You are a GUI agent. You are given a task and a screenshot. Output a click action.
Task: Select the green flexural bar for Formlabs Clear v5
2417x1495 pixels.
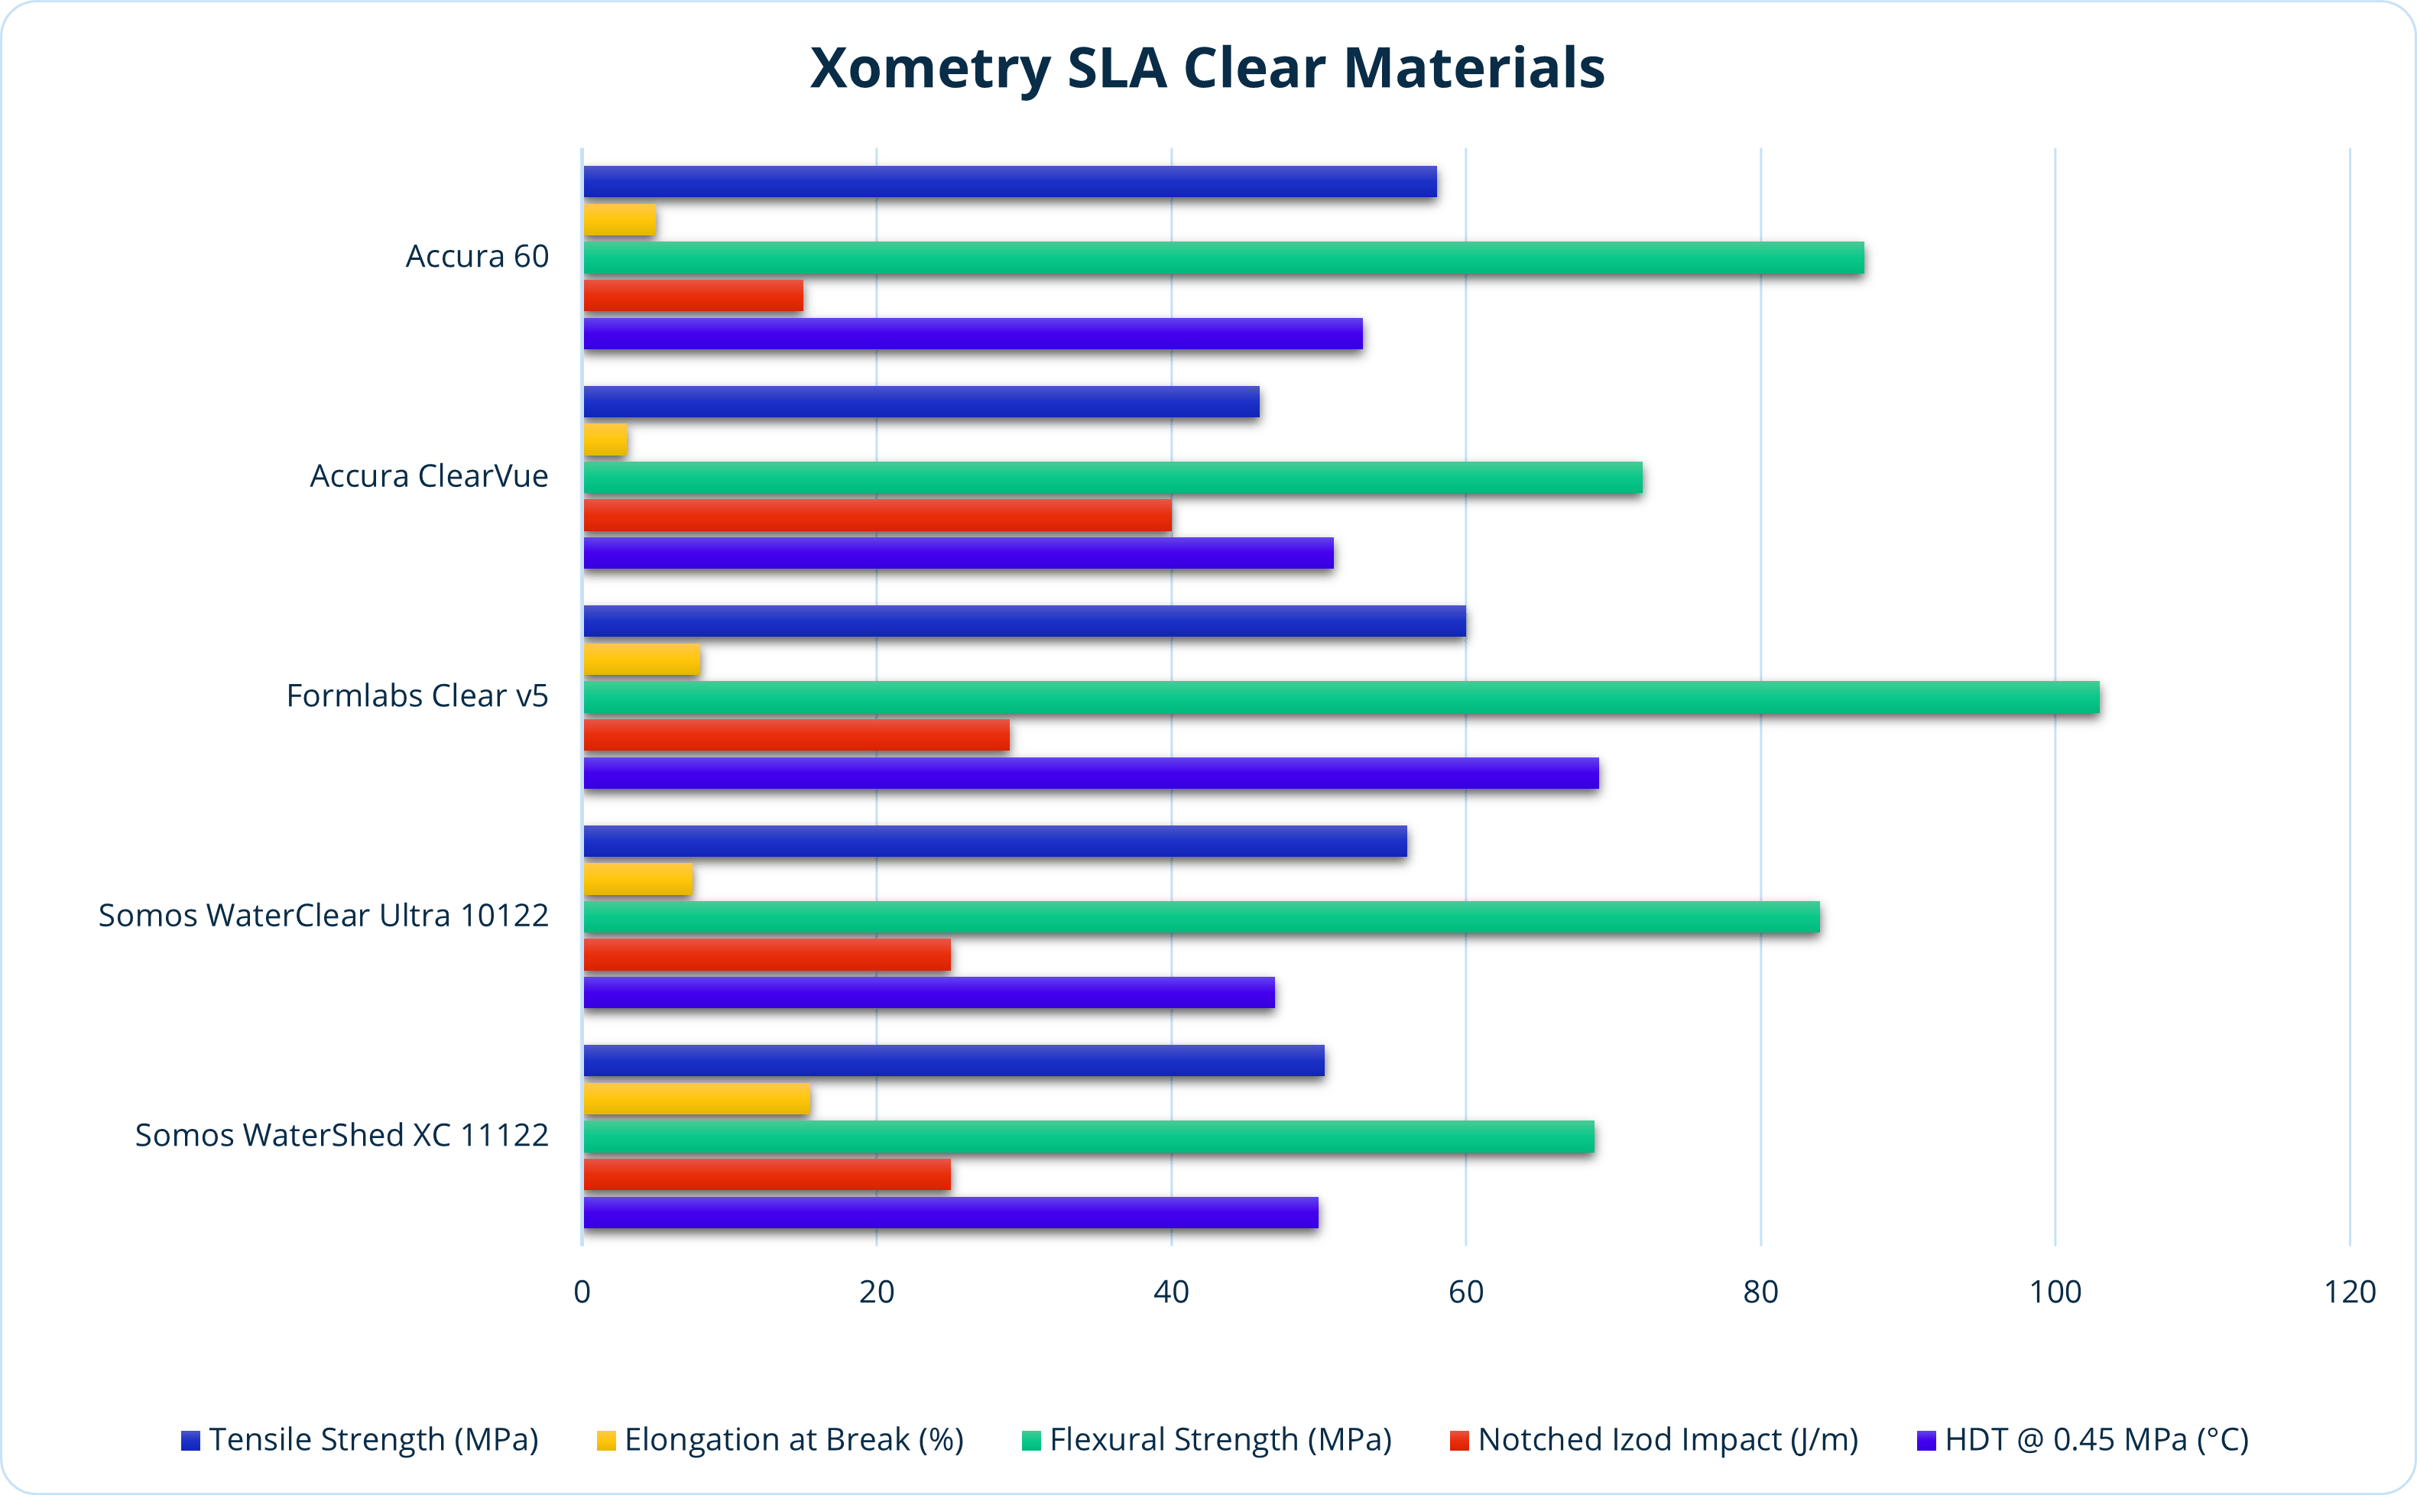1341,697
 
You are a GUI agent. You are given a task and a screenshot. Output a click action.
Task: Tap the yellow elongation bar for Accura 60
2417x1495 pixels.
620,219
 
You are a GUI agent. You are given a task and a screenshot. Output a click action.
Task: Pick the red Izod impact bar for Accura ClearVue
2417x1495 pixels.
878,515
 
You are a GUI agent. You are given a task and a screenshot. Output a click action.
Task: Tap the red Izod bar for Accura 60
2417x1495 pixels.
693,296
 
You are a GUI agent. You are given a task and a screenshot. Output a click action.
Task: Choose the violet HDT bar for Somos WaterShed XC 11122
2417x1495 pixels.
951,1212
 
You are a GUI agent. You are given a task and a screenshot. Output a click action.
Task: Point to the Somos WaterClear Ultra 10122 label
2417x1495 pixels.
323,916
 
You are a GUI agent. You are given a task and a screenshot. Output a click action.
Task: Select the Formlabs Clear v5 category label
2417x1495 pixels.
417,696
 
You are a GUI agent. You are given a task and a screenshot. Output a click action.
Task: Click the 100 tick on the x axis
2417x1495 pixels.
2054,1292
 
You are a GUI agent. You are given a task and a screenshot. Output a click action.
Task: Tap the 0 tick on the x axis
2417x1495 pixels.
582,1292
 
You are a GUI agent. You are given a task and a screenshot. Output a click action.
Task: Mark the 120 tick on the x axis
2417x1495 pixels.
2350,1292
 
